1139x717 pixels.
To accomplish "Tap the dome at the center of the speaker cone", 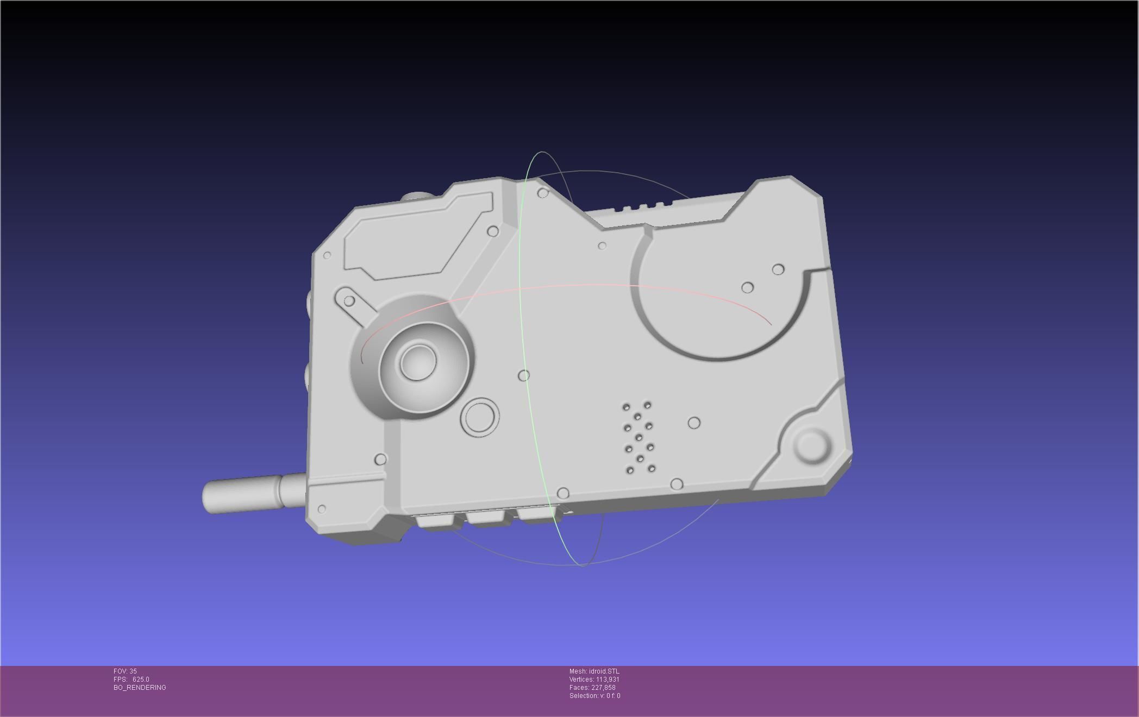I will coord(418,361).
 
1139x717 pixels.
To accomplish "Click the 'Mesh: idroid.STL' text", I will coord(594,671).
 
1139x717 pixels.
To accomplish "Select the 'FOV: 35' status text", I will coord(125,671).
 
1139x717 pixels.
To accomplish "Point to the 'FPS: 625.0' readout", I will coord(131,680).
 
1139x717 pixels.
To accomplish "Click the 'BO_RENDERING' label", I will coord(140,688).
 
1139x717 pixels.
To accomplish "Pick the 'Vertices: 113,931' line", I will coord(594,680).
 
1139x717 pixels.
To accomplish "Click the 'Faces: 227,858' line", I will coord(592,688).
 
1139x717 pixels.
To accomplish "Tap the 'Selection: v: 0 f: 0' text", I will coord(594,696).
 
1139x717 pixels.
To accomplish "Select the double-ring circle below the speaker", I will coord(480,417).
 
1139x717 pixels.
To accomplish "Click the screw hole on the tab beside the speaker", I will coord(349,300).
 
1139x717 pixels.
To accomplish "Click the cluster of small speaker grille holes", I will coord(639,437).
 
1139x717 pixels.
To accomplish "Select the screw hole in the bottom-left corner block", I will coord(322,509).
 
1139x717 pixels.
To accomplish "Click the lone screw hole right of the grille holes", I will coord(694,423).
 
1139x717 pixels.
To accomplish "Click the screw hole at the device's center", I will coord(524,375).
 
